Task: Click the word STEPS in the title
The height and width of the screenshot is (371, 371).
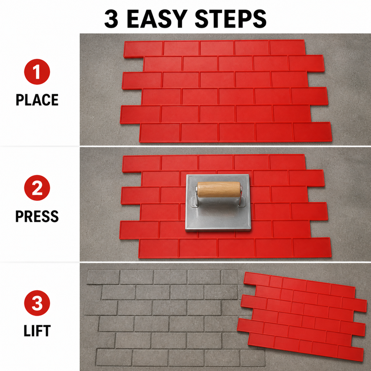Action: click(x=231, y=19)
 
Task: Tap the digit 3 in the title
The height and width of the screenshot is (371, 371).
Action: click(x=111, y=19)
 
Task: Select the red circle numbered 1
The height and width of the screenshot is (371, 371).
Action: click(x=37, y=72)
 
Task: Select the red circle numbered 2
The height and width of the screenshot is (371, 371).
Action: click(x=37, y=188)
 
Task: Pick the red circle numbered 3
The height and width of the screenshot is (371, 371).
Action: click(x=37, y=303)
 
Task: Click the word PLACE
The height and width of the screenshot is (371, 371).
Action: click(x=37, y=100)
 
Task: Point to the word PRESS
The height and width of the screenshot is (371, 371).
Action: click(x=37, y=216)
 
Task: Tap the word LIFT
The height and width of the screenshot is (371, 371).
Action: click(x=37, y=330)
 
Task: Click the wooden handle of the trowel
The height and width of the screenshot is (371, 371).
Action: click(x=219, y=189)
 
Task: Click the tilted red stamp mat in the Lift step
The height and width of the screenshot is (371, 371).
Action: click(x=302, y=317)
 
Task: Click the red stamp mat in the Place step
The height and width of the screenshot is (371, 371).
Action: click(x=226, y=91)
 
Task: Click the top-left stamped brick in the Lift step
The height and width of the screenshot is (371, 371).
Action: click(x=103, y=277)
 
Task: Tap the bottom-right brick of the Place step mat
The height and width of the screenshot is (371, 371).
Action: click(x=312, y=132)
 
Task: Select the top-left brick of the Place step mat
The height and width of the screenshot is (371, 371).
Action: click(x=143, y=49)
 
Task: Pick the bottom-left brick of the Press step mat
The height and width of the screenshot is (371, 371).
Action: click(x=159, y=248)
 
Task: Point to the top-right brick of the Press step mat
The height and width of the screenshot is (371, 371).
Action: click(x=287, y=162)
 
